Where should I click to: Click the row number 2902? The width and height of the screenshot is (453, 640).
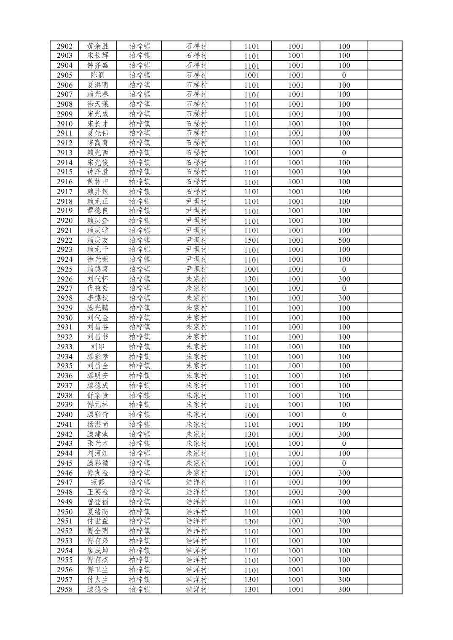tap(64, 46)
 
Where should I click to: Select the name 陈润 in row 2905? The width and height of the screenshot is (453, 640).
tap(98, 75)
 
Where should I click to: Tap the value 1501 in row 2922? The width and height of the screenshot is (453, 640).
tap(252, 240)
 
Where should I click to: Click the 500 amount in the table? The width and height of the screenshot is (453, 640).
tap(344, 240)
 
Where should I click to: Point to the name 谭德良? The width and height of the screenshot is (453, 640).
tap(98, 211)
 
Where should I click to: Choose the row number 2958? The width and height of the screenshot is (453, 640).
tap(64, 589)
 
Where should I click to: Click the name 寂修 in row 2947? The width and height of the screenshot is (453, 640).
tap(98, 482)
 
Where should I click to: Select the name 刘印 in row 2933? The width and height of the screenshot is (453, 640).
tap(98, 347)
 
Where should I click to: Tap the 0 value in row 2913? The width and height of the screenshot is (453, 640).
tap(344, 153)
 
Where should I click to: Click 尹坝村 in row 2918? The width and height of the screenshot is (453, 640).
tap(197, 201)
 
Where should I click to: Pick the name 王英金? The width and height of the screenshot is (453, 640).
tap(98, 492)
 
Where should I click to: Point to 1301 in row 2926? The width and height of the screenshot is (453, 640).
tap(252, 279)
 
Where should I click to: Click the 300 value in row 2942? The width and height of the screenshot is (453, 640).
tap(344, 434)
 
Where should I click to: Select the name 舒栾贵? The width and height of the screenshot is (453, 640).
tap(98, 395)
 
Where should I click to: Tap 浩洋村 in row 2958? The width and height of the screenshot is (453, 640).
tap(197, 589)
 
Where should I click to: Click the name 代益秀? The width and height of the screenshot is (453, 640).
tap(98, 289)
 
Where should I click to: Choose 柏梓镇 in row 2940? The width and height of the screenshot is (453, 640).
tap(139, 415)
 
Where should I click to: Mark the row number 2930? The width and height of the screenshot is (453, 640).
tap(64, 318)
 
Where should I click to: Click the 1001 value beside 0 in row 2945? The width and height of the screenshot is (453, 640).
tap(296, 463)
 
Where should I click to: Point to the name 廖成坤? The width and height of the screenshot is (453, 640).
tap(98, 550)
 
